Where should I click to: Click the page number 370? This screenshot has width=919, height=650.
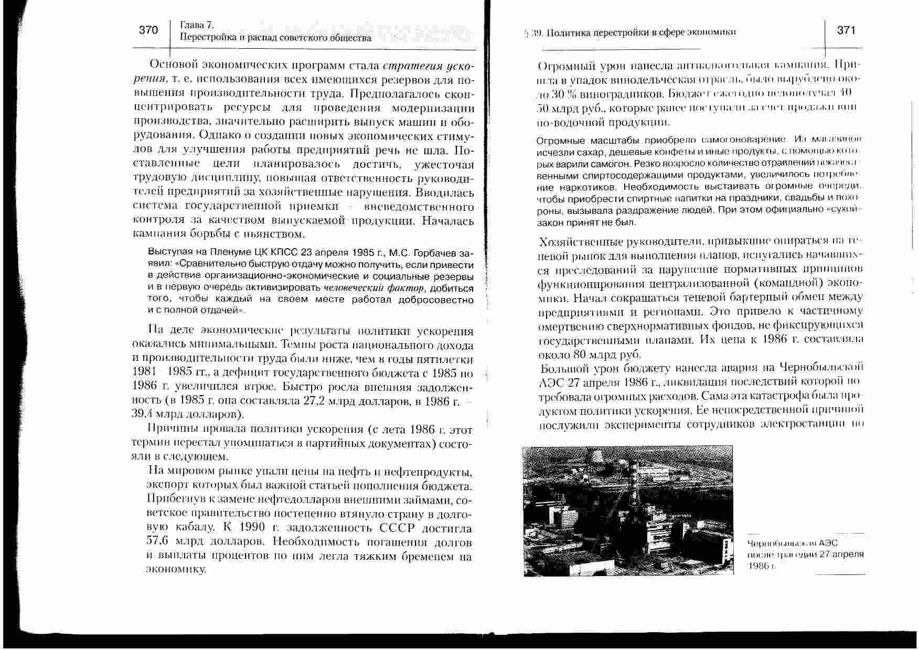point(148,30)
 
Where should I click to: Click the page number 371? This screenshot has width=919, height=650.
point(846,30)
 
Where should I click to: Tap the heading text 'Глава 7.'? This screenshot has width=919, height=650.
point(197,25)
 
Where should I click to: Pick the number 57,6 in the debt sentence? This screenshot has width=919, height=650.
point(157,541)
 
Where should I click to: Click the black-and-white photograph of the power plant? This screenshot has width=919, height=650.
point(628,510)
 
